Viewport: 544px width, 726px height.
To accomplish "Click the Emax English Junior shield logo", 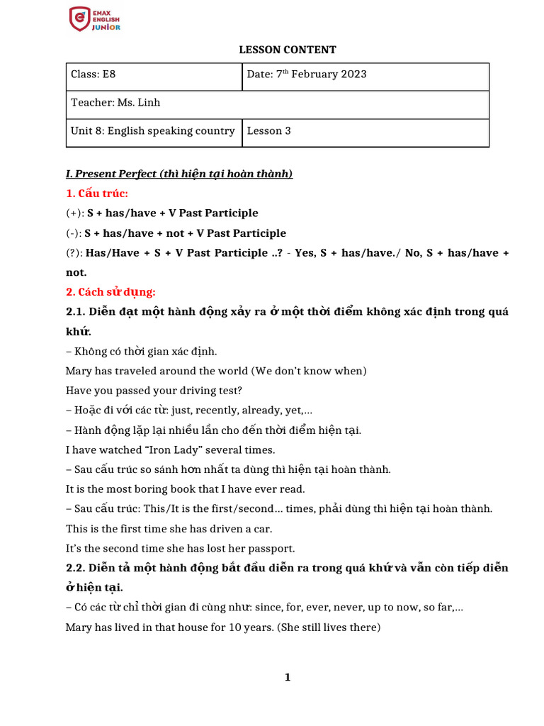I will click(79, 18).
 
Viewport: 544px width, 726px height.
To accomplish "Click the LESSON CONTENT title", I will click(287, 50).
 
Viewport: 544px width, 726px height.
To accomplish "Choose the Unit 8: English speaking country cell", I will click(153, 131).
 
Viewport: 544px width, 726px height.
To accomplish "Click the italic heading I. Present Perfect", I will click(179, 174).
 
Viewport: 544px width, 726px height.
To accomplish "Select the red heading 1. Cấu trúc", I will click(97, 194).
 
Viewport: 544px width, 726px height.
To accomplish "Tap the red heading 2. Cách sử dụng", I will click(110, 292).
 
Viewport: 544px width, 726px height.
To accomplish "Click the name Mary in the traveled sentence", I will click(79, 371).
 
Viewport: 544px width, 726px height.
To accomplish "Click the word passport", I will click(270, 548).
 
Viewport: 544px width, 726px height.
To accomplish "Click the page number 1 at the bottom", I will click(288, 678).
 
